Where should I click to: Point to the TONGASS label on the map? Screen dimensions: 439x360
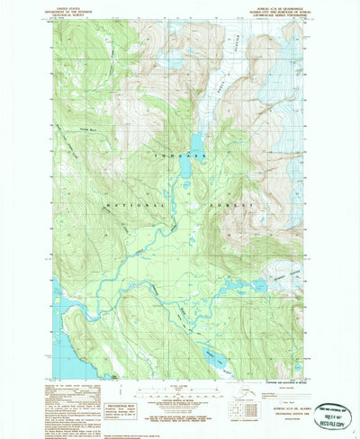coord(196,157)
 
